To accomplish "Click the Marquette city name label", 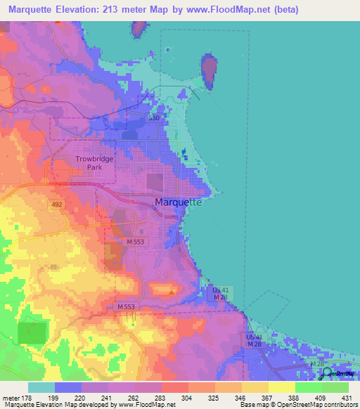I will point(178,202).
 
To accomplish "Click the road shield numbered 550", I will point(154,118).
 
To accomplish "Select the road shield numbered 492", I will point(57,204).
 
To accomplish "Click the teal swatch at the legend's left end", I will point(41,387).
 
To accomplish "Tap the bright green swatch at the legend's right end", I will point(335,387).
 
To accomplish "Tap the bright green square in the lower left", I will point(30,332).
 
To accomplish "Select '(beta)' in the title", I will point(283,10).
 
